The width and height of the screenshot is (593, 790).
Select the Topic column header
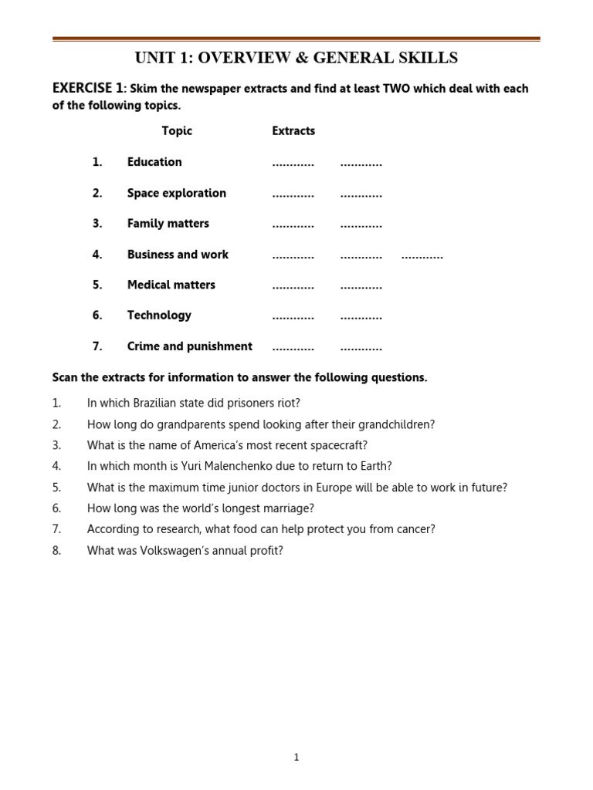[x=177, y=131]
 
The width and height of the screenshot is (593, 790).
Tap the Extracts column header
[x=293, y=131]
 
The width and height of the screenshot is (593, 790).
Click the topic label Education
[x=154, y=162]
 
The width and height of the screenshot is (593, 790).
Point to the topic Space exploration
[x=177, y=193]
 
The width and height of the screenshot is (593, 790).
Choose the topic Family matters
[x=168, y=224]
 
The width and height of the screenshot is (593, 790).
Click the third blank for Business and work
[x=422, y=255]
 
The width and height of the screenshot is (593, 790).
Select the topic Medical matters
[x=171, y=285]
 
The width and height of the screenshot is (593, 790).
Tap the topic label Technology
[x=159, y=316]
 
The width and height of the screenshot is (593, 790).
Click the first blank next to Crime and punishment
[x=293, y=348]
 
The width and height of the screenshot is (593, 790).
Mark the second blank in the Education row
[x=361, y=164]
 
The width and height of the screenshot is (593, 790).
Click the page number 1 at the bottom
[x=296, y=758]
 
